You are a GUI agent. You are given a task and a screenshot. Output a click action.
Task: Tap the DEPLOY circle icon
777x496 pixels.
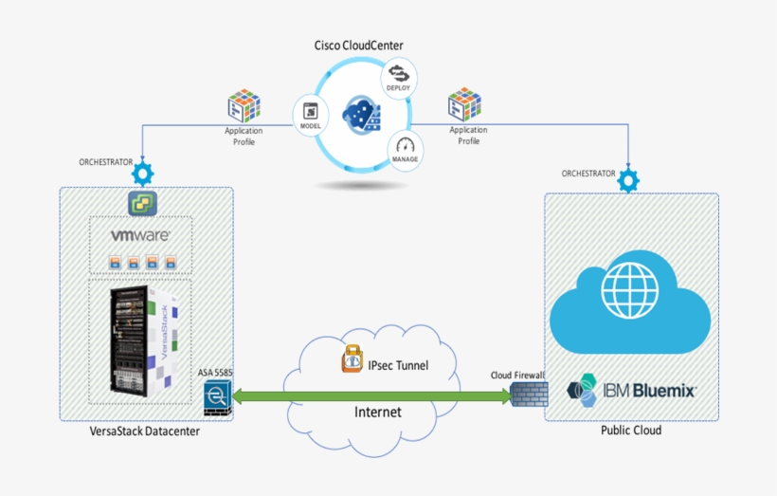398,76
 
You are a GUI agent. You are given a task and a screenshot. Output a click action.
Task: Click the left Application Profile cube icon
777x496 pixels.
244,107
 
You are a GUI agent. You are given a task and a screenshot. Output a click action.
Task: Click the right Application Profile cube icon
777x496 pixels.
464,105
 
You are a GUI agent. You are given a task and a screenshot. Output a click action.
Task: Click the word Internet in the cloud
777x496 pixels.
378,412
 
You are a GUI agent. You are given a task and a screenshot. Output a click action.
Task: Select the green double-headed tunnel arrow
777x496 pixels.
372,393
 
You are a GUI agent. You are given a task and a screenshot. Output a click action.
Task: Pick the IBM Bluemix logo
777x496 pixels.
631,390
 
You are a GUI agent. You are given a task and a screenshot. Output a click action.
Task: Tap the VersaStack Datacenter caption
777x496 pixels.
145,432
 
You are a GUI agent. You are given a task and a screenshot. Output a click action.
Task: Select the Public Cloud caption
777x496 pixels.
631,431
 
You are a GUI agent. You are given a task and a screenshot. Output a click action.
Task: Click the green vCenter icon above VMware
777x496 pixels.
143,201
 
